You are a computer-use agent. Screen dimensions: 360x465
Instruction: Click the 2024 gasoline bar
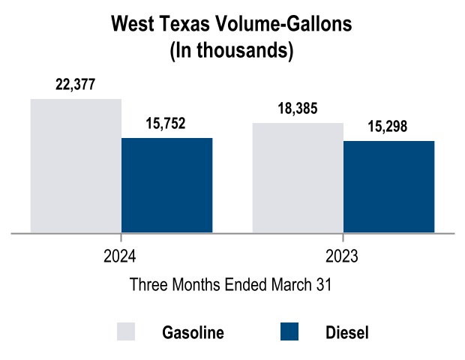76,166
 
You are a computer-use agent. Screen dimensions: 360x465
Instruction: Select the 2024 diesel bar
167,185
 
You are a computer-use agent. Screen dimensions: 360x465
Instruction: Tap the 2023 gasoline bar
298,178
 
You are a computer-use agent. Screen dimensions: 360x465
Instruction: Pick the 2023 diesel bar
389,187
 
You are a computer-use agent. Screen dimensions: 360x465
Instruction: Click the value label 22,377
76,85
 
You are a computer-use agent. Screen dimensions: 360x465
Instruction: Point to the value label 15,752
166,124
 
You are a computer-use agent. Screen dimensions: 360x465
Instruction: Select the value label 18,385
298,109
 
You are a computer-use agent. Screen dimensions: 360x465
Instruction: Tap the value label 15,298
388,127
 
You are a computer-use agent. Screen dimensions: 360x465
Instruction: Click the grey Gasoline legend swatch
127,331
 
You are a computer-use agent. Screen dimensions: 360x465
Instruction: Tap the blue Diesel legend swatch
289,331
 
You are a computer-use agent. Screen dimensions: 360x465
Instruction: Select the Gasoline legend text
193,332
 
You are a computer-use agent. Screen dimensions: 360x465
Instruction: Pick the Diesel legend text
347,332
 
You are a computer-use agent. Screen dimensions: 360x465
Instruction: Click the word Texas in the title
180,25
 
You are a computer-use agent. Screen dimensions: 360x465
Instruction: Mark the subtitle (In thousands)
231,50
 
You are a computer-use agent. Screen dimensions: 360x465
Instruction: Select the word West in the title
131,25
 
